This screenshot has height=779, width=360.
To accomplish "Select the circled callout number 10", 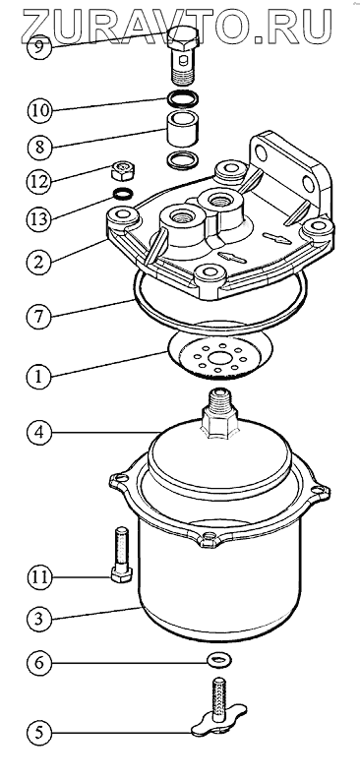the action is [x=39, y=110].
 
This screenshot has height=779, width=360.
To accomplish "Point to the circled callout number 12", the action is [x=39, y=181].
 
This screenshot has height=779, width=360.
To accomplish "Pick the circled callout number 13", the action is [x=39, y=217].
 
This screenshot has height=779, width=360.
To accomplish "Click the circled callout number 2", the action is [x=39, y=263].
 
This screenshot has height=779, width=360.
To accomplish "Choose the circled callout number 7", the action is [x=39, y=317].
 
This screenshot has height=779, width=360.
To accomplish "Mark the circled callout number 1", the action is [x=39, y=376].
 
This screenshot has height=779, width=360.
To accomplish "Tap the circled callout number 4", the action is [x=39, y=432].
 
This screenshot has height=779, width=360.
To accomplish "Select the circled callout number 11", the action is [x=39, y=576].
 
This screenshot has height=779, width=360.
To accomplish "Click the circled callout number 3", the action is [x=39, y=619].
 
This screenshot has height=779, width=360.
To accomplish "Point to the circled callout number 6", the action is [x=39, y=663].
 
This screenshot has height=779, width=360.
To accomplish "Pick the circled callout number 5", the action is [x=39, y=733].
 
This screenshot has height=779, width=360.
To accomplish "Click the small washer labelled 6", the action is [x=219, y=660].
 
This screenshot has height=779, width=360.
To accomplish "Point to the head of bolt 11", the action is [x=121, y=575].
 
